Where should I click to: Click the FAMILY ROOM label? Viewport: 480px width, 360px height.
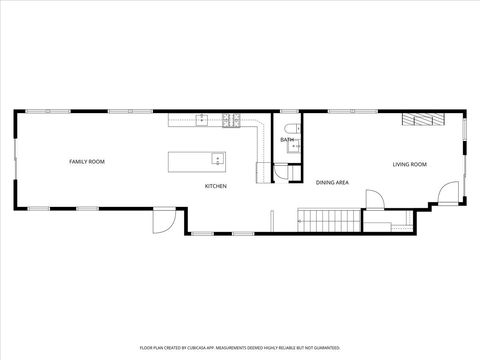[x=87, y=161]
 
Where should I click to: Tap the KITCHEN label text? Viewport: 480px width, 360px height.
[x=216, y=186]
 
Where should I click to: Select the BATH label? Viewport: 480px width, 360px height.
[x=286, y=140]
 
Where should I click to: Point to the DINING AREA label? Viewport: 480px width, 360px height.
[x=332, y=183]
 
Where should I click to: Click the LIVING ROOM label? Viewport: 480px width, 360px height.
[x=409, y=164]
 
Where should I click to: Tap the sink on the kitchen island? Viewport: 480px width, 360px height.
[x=216, y=157]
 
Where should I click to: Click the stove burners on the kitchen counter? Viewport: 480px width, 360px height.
[x=231, y=120]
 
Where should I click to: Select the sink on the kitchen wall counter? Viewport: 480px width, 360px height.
[x=201, y=120]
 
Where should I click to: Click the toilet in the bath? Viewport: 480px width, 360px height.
[x=290, y=128]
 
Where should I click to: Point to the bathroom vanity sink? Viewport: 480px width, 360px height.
[x=294, y=146]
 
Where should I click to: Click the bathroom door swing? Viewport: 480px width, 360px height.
[x=281, y=171]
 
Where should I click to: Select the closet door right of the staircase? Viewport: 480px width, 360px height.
[x=373, y=200]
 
